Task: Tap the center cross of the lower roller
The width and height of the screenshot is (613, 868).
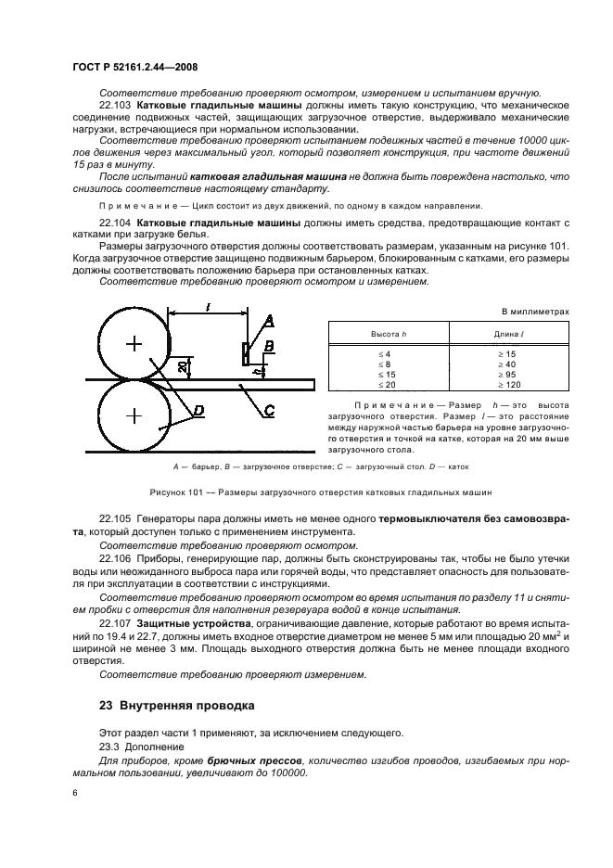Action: (134, 413)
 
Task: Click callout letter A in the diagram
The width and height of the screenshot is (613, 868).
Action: (269, 320)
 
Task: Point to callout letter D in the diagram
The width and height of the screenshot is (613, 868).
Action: (198, 409)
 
